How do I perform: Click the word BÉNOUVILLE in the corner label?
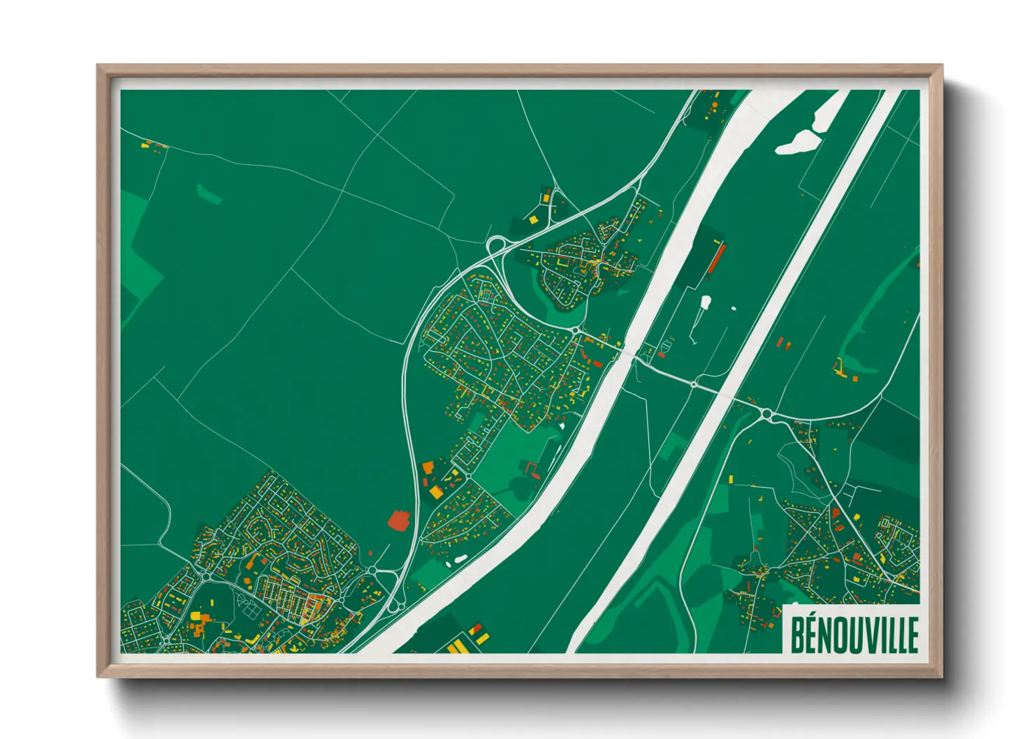[x=854, y=634]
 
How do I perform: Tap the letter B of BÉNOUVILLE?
[x=797, y=634]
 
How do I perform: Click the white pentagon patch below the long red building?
[x=706, y=302]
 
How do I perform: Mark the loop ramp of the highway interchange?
[x=497, y=244]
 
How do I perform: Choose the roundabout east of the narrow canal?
[x=766, y=415]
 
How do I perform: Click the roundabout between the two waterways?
[x=693, y=383]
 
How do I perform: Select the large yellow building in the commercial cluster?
[x=436, y=492]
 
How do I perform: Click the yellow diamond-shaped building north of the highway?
[x=533, y=219]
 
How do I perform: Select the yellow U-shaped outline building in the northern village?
[x=562, y=263]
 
